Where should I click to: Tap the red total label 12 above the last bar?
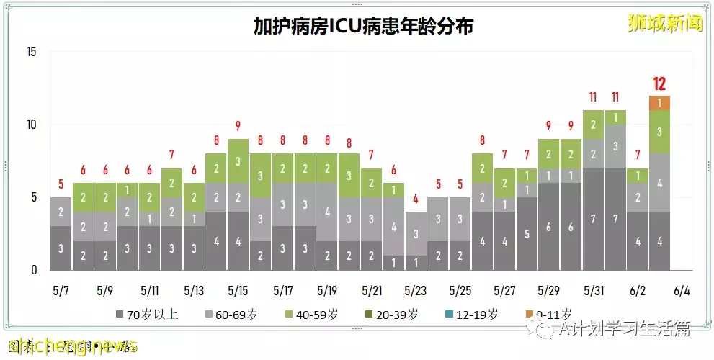659,84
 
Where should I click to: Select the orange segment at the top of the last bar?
659,103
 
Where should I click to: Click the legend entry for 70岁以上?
143,314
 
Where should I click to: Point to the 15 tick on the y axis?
31,52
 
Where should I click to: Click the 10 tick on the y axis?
31,125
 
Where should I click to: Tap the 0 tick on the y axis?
34,270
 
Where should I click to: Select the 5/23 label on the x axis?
416,291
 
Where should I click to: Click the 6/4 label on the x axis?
682,291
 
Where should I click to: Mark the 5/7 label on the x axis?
61,291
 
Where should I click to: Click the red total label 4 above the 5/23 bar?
416,199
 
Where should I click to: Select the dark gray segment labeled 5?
527,234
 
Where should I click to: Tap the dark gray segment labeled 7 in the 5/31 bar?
592,219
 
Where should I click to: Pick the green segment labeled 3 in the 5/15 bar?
238,161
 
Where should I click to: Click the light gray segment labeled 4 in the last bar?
659,182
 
